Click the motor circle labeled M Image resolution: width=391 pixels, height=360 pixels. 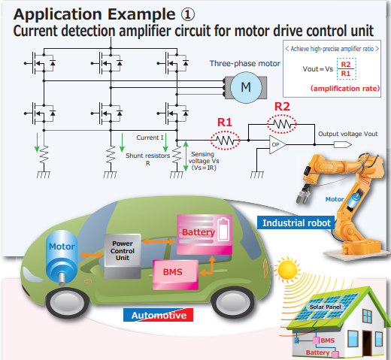point(246,87)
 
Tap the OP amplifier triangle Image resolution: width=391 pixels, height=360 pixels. point(277,144)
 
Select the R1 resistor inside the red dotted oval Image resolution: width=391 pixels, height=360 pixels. point(225,141)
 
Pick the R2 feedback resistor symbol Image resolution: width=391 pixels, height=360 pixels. point(282,124)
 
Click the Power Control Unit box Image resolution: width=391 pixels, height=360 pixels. point(123,256)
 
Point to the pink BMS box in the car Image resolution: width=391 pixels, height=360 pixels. point(175,274)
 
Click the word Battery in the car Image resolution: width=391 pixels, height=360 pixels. point(199,232)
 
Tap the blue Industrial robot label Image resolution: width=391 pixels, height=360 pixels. point(296,222)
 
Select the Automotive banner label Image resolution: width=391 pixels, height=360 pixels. point(159,315)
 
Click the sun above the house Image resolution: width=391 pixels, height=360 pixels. point(287,270)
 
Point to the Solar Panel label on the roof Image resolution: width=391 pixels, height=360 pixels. point(325,307)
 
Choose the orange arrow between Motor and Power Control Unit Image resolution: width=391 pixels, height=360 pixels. point(92,255)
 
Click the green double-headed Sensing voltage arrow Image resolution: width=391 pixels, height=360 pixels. point(186,156)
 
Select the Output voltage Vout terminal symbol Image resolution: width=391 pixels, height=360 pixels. point(343,144)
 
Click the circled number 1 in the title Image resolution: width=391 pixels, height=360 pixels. point(187,14)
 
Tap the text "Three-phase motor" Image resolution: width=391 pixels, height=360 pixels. point(245,64)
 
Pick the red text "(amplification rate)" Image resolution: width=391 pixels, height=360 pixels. point(345,89)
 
